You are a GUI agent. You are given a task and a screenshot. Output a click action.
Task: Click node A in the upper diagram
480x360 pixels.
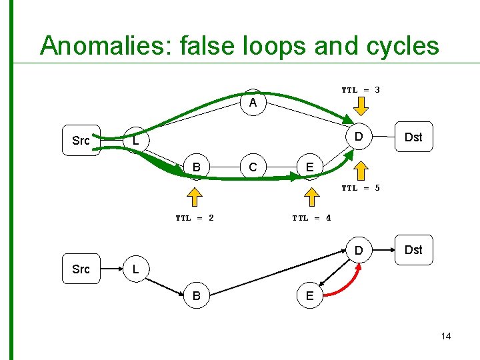click(x=253, y=103)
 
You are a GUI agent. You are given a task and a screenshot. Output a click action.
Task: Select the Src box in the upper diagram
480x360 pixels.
click(x=81, y=141)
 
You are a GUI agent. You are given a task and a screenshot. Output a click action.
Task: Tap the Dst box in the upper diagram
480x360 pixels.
click(x=413, y=137)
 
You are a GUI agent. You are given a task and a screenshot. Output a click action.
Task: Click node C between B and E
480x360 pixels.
click(x=253, y=167)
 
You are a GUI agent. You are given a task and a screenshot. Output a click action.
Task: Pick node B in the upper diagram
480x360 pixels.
click(x=196, y=166)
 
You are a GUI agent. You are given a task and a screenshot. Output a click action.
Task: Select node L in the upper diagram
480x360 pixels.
click(x=135, y=141)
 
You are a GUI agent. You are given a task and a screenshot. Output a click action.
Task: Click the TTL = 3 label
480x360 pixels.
click(x=361, y=89)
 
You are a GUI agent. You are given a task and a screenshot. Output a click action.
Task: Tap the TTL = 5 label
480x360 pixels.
click(x=361, y=188)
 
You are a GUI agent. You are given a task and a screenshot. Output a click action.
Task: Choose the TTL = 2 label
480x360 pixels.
click(x=195, y=217)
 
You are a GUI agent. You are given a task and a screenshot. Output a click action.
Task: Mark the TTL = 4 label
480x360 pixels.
click(x=311, y=217)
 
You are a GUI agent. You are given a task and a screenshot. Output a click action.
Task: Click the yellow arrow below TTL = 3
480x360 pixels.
click(x=360, y=105)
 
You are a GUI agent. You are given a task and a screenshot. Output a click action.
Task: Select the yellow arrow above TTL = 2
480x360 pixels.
click(x=195, y=197)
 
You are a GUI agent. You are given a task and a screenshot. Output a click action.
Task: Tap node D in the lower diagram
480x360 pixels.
click(x=358, y=251)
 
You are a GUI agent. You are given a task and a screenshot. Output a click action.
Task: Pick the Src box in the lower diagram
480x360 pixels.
click(x=81, y=269)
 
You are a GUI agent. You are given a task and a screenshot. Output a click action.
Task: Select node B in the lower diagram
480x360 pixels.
click(x=196, y=295)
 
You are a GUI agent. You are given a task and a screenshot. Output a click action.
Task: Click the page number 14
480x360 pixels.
click(x=445, y=336)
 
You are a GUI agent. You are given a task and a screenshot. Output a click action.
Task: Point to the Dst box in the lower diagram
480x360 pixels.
click(x=413, y=250)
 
